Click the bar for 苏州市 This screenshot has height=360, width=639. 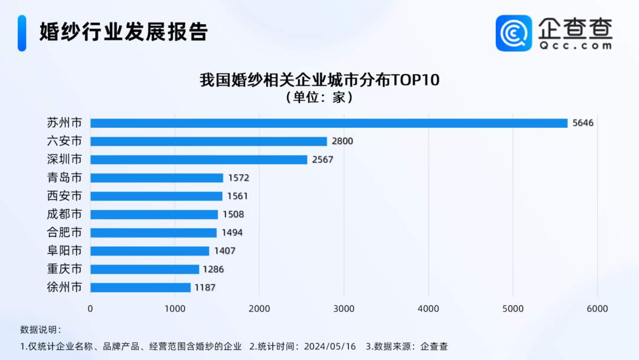(x=328, y=123)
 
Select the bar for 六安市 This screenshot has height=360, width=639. (x=208, y=142)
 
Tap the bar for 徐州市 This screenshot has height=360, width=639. (x=140, y=287)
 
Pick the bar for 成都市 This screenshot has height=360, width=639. (x=154, y=214)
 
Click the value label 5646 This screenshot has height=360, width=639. (x=583, y=123)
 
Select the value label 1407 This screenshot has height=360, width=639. (x=225, y=251)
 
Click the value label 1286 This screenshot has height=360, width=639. (x=214, y=269)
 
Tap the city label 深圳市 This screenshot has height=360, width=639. (x=64, y=160)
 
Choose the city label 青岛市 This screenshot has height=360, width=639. (x=64, y=178)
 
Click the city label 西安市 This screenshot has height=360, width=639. (x=64, y=196)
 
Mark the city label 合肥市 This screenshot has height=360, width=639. (x=64, y=233)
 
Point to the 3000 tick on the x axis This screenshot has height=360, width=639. (x=344, y=308)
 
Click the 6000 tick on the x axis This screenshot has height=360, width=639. (x=597, y=308)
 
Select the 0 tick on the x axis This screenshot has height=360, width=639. (x=91, y=308)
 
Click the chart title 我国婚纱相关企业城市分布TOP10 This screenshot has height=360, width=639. (x=319, y=81)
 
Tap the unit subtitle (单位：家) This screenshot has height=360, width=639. (x=319, y=97)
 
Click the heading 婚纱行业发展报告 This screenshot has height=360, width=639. (x=123, y=32)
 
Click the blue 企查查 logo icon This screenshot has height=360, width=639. (x=514, y=33)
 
